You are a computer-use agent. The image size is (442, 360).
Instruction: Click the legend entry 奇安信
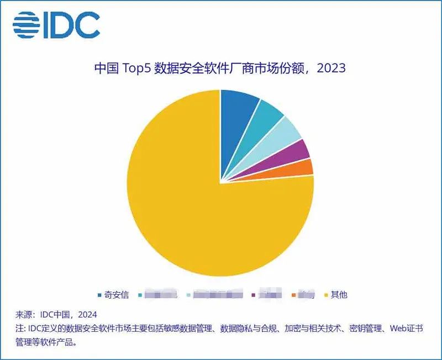click(117, 295)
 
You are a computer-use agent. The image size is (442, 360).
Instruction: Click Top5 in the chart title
click(135, 68)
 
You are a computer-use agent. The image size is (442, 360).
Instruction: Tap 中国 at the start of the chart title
click(104, 68)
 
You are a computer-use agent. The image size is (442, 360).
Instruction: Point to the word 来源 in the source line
click(23, 315)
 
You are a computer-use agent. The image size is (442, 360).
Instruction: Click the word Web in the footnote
click(400, 329)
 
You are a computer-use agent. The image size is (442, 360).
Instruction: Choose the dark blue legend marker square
click(100, 295)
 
